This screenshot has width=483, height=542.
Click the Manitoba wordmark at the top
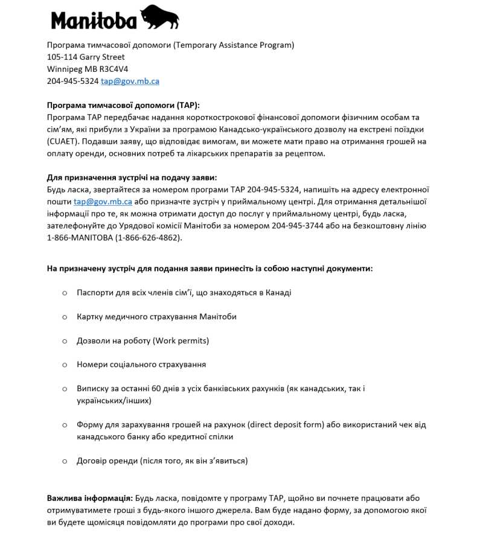coord(94,21)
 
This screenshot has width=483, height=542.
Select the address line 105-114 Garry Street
coord(86,57)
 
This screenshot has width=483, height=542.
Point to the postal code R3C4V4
coord(114,69)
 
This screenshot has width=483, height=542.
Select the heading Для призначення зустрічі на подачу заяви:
coord(132,177)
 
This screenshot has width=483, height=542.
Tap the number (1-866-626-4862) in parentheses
coord(148,238)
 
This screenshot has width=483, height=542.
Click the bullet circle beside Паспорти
coord(65,293)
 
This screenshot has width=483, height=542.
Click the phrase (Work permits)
coord(181,340)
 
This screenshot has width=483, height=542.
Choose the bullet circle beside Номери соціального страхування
coord(65,365)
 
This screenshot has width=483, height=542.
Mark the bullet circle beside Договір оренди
coord(65,461)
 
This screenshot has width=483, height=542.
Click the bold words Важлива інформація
coord(89,499)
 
